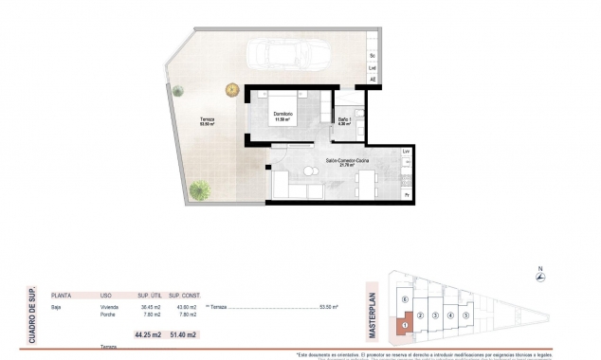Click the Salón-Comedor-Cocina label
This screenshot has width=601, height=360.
(x=349, y=162)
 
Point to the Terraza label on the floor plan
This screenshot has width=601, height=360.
(x=207, y=120)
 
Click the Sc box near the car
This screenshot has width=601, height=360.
(x=373, y=56)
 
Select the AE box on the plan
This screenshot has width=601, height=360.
(x=373, y=80)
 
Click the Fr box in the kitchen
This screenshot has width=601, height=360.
(x=407, y=195)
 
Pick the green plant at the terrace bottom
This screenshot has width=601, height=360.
(x=199, y=189)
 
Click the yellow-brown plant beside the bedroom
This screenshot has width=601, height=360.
(x=231, y=90)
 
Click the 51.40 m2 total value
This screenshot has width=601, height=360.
(x=184, y=334)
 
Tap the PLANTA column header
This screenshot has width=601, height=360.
(x=62, y=295)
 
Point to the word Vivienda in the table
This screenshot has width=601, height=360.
(x=109, y=308)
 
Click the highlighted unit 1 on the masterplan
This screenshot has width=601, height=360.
(x=405, y=325)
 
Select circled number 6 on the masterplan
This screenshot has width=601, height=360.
(x=405, y=300)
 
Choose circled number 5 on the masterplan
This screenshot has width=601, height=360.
(x=466, y=315)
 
